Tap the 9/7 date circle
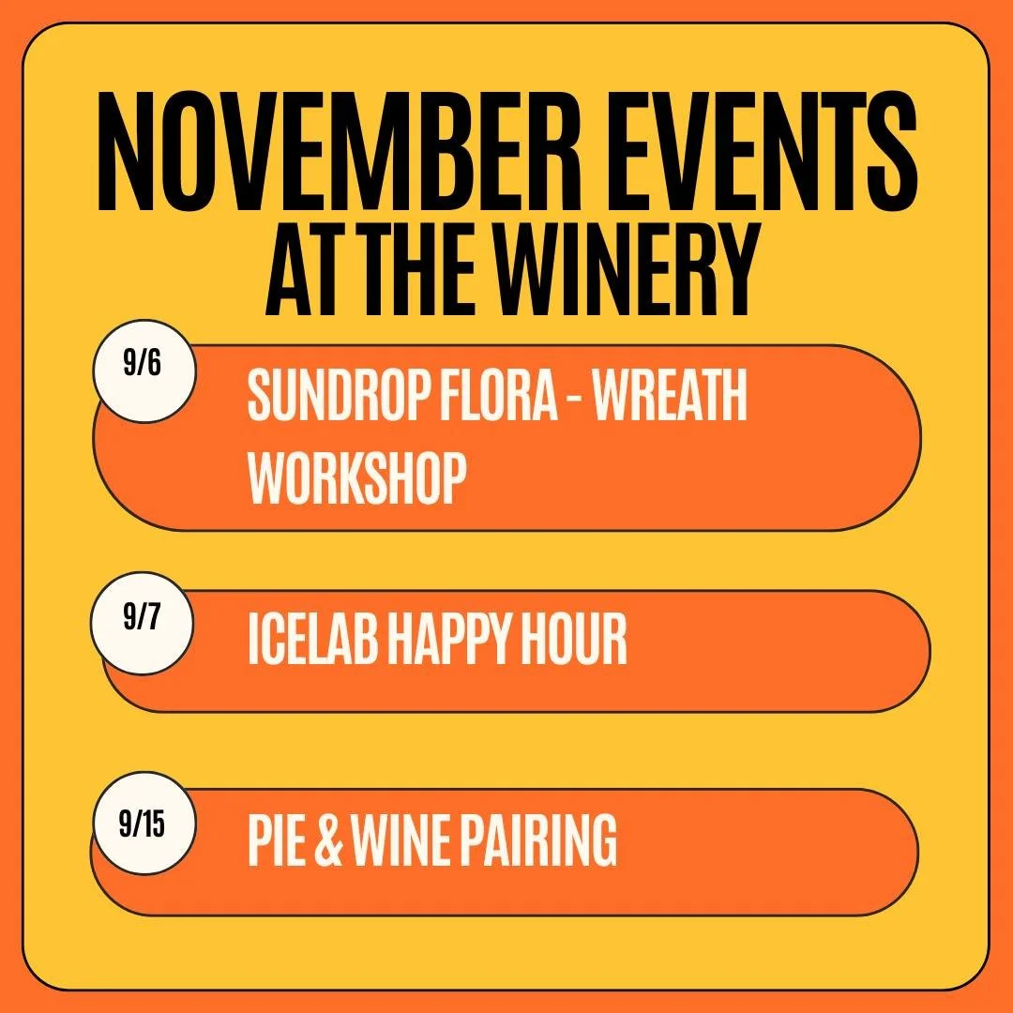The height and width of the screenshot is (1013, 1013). (x=143, y=624)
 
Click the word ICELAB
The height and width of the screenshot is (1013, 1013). (x=310, y=642)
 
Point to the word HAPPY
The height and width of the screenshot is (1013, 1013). (x=449, y=642)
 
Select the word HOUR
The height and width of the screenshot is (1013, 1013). (x=575, y=642)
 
